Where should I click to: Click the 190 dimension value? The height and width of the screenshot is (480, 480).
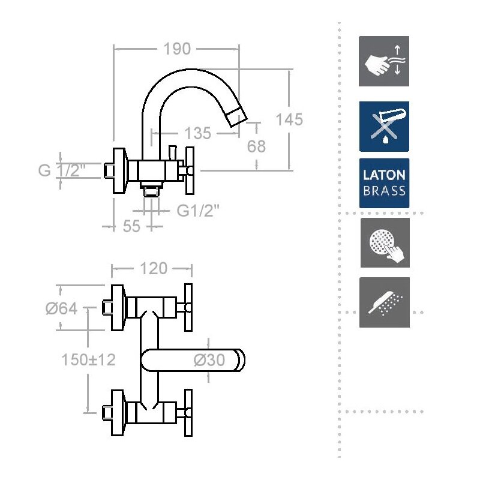point(177,49)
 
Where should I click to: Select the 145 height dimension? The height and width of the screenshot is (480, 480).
point(289,119)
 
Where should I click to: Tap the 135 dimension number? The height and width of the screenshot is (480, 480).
point(198,133)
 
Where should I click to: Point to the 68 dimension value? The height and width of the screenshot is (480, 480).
point(256,146)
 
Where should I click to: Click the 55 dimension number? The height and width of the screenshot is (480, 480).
point(131,227)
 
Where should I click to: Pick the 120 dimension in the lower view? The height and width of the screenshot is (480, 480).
point(154,268)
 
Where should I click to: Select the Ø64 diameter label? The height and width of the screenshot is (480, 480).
point(61,308)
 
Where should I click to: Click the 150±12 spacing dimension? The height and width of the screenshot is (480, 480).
point(88,359)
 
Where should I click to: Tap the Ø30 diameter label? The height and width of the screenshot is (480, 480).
point(209,360)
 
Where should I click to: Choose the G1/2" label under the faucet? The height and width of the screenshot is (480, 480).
point(199,211)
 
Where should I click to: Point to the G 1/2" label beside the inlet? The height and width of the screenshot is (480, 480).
point(62,170)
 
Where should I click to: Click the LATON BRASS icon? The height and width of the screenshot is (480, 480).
point(384,183)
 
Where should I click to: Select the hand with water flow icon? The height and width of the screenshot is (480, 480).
point(384,61)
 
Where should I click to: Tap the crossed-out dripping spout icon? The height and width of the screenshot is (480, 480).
point(384,127)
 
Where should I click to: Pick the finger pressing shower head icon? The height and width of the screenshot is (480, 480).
point(385,243)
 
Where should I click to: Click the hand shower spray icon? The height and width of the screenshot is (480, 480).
point(385,302)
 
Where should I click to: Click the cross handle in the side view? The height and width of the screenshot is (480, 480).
point(190,170)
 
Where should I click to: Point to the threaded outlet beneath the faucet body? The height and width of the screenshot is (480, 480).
point(151,190)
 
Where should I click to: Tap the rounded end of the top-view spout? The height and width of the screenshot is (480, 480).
point(241,361)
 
